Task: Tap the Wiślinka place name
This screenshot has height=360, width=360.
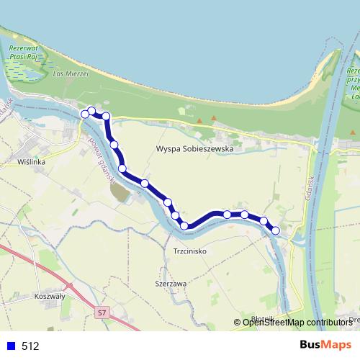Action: tap(32, 163)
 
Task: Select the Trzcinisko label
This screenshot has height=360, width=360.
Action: tap(191, 251)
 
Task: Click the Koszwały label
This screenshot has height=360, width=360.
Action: tap(50, 296)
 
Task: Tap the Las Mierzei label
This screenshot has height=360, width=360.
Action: tap(70, 73)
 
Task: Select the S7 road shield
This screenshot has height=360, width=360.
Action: tap(102, 312)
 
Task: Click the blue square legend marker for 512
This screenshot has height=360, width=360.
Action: tap(10, 346)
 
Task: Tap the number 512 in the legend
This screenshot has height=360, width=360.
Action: tap(30, 346)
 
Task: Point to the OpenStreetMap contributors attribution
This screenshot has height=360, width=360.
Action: tap(297, 322)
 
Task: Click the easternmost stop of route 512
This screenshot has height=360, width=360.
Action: tap(276, 230)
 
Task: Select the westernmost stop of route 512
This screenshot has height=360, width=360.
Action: tap(85, 114)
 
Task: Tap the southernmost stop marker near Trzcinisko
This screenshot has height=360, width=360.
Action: tap(184, 226)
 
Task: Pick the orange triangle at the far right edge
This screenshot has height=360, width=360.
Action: tap(353, 132)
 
